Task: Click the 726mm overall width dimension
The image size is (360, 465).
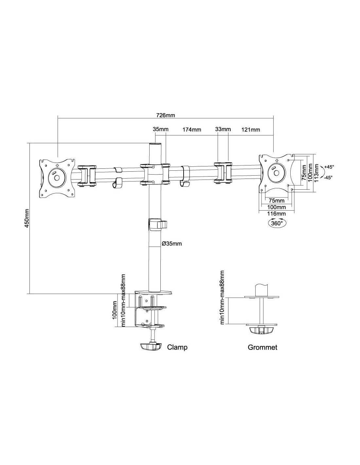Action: pyautogui.click(x=166, y=115)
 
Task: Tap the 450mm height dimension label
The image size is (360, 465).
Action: pyautogui.click(x=27, y=218)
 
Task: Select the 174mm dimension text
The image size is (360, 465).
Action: pyautogui.click(x=191, y=129)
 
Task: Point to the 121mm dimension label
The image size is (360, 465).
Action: pyautogui.click(x=251, y=129)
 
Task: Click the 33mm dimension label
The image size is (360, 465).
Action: pyautogui.click(x=223, y=129)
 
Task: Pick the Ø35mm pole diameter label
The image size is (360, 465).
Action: pyautogui.click(x=172, y=244)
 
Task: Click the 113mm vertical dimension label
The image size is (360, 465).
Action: pyautogui.click(x=316, y=173)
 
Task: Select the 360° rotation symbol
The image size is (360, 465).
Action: pyautogui.click(x=277, y=223)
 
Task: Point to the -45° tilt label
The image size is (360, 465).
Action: pyautogui.click(x=329, y=177)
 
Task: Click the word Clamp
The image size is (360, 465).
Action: pyautogui.click(x=177, y=347)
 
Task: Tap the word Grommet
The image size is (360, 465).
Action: pyautogui.click(x=262, y=347)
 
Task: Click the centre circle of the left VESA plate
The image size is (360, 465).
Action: pyautogui.click(x=57, y=177)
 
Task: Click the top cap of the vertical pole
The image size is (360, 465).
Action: pyautogui.click(x=155, y=145)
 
